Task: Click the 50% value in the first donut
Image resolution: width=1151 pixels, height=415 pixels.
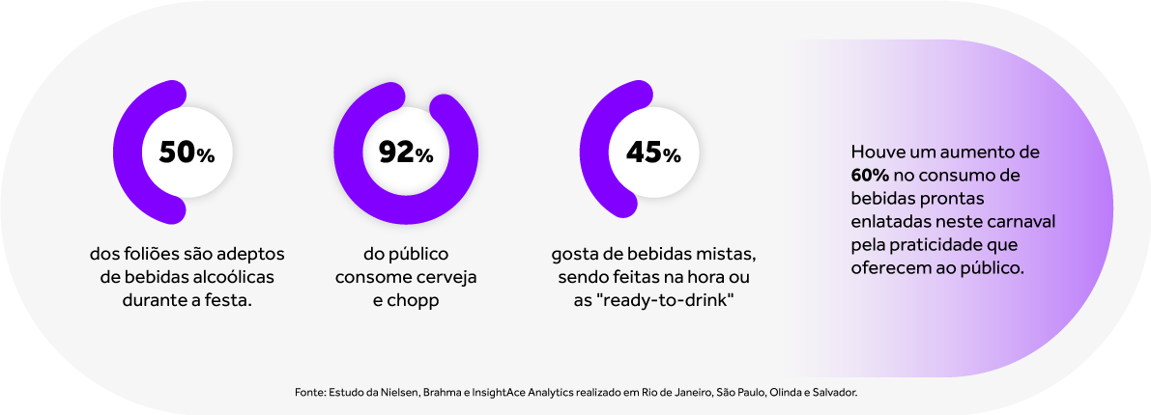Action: [x=180, y=152]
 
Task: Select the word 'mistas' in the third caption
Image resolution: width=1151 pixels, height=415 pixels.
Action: [x=726, y=254]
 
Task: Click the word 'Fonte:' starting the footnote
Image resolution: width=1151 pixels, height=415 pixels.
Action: [x=309, y=394]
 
